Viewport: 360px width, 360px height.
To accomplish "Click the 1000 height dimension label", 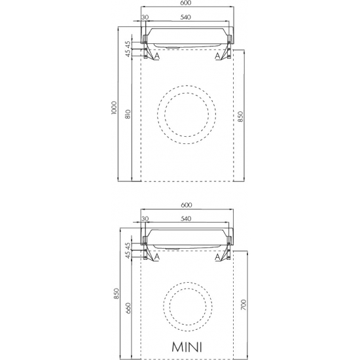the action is click(114, 108).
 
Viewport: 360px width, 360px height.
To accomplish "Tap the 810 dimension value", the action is click(128, 114).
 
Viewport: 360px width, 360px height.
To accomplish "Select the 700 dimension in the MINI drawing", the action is click(243, 305).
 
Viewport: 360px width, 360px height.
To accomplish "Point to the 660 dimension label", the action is click(128, 308).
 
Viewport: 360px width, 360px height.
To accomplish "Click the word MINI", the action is click(187, 347).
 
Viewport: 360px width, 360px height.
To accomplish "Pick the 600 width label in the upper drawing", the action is click(186, 3).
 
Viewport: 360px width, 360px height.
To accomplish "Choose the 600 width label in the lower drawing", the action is click(186, 205).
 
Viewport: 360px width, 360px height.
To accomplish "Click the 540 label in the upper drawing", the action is click(185, 17).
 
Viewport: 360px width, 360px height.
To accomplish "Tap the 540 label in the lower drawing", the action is click(185, 219).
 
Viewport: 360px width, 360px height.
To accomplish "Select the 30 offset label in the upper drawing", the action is click(145, 17).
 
